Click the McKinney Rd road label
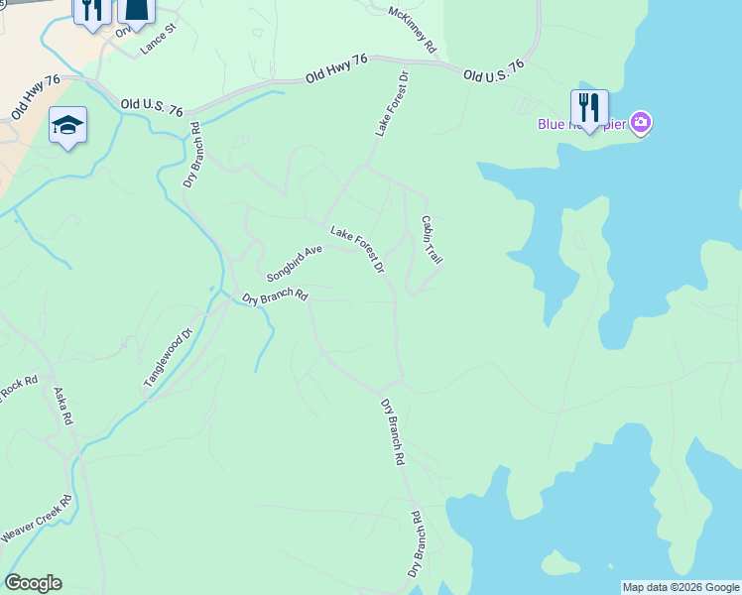pyautogui.click(x=414, y=31)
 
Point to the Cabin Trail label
pyautogui.click(x=431, y=240)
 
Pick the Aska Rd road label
pyautogui.click(x=64, y=407)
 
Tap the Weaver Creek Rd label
pyautogui.click(x=37, y=520)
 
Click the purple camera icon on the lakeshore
pyautogui.click(x=642, y=123)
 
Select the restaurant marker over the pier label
pyautogui.click(x=589, y=107)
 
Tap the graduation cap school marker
pyautogui.click(x=67, y=125)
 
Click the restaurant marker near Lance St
pyautogui.click(x=91, y=10)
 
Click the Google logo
pyautogui.click(x=33, y=583)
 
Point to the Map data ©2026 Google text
pyautogui.click(x=680, y=587)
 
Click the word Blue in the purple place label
pyautogui.click(x=551, y=124)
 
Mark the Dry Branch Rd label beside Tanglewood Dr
pyautogui.click(x=277, y=297)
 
